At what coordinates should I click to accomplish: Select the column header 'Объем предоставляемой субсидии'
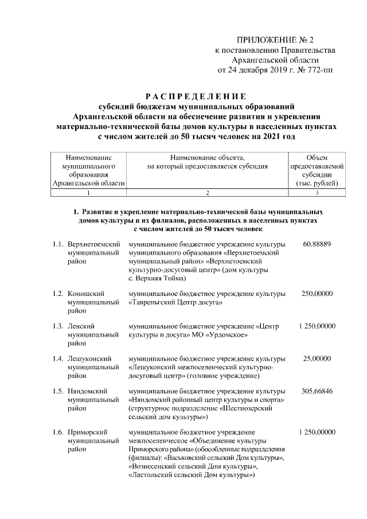pyautogui.click(x=317, y=170)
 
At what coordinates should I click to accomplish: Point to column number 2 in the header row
pyautogui.click(x=208, y=193)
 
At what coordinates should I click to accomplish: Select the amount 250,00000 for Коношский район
pyautogui.click(x=317, y=294)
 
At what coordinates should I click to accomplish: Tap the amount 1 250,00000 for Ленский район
pyautogui.click(x=317, y=326)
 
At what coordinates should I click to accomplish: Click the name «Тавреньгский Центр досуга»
pyautogui.click(x=175, y=302)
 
